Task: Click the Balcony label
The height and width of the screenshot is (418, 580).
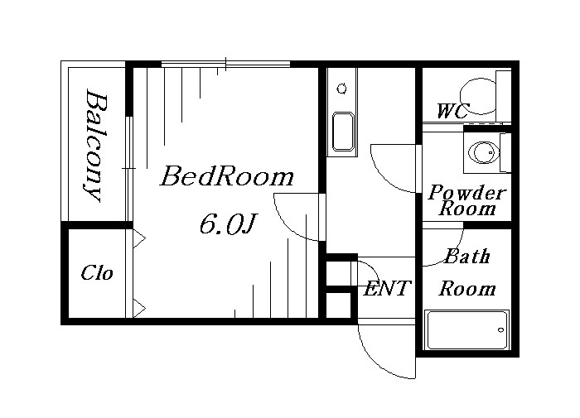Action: [x=95, y=145]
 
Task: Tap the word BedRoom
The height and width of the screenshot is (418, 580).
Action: [x=227, y=176]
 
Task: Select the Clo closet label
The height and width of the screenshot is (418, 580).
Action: [x=97, y=273]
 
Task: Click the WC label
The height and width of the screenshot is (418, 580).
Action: [x=453, y=111]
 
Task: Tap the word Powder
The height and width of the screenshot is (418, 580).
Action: [x=467, y=192]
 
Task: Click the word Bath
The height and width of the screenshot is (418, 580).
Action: [x=467, y=256]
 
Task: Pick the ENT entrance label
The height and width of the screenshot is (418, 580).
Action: [x=387, y=288]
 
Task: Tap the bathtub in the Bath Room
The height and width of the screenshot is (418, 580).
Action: [x=466, y=329]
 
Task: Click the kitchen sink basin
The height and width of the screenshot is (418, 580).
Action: [x=343, y=132]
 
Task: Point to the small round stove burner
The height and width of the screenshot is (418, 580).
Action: [x=342, y=89]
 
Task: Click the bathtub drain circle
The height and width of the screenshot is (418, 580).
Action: [x=500, y=329]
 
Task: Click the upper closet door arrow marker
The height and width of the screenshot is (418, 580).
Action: [x=139, y=238]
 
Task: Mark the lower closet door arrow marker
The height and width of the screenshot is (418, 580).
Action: [x=139, y=308]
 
